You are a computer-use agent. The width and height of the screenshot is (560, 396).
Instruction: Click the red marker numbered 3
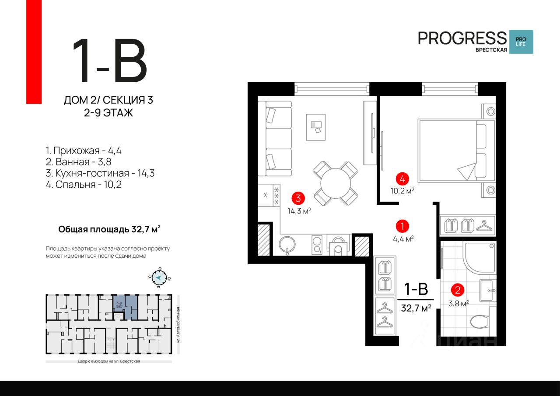(298, 198)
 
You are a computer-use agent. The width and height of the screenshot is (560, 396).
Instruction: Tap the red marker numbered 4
(402, 179)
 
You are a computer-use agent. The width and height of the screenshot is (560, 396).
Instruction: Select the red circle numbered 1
(402, 226)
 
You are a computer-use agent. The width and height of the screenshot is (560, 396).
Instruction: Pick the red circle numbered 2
(458, 290)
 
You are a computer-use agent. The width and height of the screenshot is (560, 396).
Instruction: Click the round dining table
(336, 183)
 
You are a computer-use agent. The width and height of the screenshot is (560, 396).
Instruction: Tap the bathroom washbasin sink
(489, 290)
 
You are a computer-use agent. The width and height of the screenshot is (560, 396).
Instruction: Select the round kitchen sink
(288, 244)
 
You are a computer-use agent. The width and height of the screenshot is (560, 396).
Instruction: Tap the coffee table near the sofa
(315, 126)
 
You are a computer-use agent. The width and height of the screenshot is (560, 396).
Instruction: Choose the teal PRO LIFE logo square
(522, 42)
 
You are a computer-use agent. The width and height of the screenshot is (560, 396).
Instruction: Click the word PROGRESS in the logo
(462, 39)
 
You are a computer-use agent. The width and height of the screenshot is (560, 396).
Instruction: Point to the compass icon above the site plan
(160, 277)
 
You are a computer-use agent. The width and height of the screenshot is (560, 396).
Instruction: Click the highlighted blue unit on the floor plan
(125, 307)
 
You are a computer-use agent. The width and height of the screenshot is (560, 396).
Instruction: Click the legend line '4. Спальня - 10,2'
(83, 185)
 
